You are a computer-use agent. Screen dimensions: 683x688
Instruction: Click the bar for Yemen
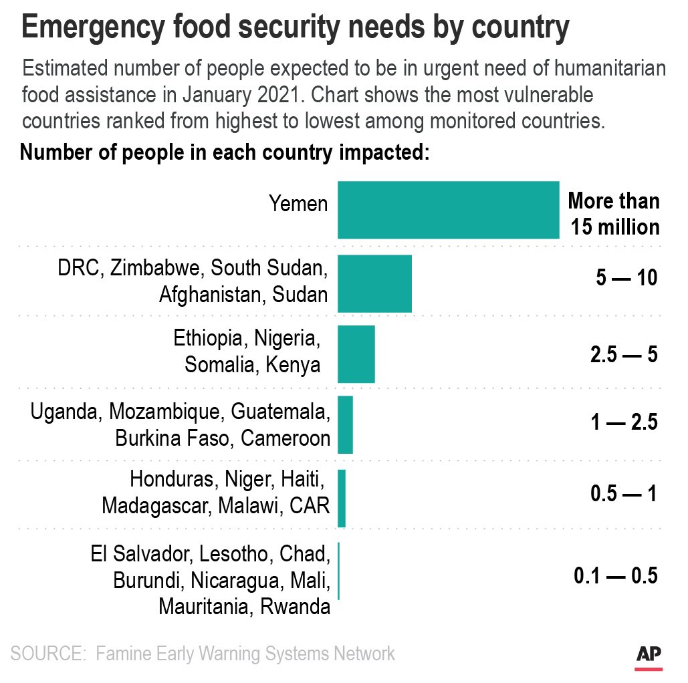[x=448, y=210]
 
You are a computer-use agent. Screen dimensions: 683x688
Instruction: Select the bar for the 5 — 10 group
[x=374, y=283]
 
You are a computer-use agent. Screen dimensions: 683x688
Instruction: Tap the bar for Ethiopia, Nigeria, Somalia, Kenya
[x=356, y=354]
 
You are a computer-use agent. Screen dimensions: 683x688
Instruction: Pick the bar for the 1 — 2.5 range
[x=345, y=425]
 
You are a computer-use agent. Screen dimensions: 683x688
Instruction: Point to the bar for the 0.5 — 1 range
[x=342, y=498]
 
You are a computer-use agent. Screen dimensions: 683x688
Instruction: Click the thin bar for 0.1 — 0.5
[x=339, y=571]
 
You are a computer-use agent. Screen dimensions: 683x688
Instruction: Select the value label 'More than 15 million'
[x=614, y=214]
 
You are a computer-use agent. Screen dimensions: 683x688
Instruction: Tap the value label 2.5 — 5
[x=624, y=354]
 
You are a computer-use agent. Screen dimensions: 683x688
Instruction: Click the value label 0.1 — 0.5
[x=616, y=575]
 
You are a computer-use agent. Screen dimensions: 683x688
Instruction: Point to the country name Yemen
[x=298, y=203]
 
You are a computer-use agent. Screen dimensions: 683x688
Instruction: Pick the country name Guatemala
[x=280, y=412]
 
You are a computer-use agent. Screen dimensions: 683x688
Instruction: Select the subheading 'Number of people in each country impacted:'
[x=224, y=152]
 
